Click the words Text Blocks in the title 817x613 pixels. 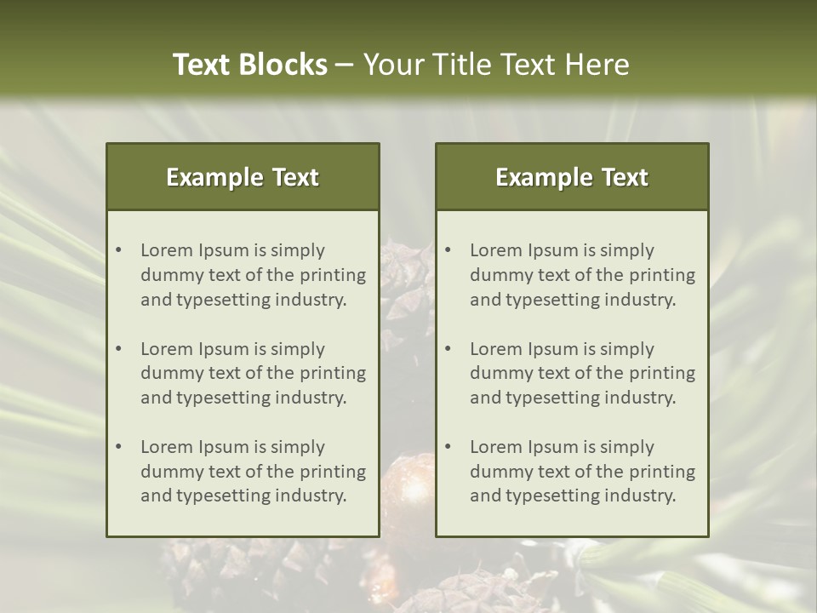coord(250,65)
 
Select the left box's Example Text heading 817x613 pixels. coord(243,177)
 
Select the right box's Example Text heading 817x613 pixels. coord(572,177)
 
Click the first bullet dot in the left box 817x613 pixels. coord(118,250)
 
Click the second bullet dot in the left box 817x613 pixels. coord(118,349)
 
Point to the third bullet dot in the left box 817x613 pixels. coord(118,447)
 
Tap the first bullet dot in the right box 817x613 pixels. coord(448,250)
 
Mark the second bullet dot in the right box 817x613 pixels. coord(448,349)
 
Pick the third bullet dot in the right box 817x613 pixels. coord(448,447)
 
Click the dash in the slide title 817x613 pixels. coord(345,65)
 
